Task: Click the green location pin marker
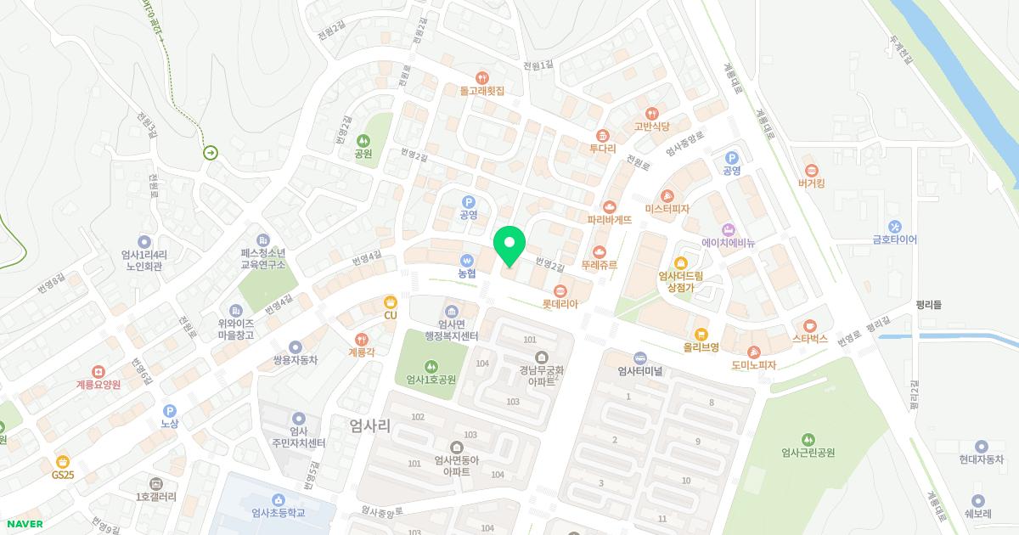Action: coord(509,245)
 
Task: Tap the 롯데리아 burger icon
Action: coord(560,291)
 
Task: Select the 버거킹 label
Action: coord(812,183)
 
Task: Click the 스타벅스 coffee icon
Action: coord(810,326)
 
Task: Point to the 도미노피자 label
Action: coord(754,365)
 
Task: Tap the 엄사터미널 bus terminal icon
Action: coord(640,358)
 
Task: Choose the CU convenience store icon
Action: coord(390,302)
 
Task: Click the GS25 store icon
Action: coord(63,461)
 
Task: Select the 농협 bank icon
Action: coord(466,261)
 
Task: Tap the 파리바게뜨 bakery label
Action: coord(610,219)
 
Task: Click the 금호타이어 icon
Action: coord(895,227)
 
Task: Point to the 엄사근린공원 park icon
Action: coord(808,439)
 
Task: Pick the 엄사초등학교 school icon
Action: coord(278,499)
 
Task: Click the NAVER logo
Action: coord(24,524)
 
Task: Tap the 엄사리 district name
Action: coord(370,426)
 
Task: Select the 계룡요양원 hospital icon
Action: coord(99,372)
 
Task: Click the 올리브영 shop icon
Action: coord(701,334)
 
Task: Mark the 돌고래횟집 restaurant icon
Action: coord(482,76)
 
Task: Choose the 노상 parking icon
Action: coord(169,410)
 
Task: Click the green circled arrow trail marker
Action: coord(210,153)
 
